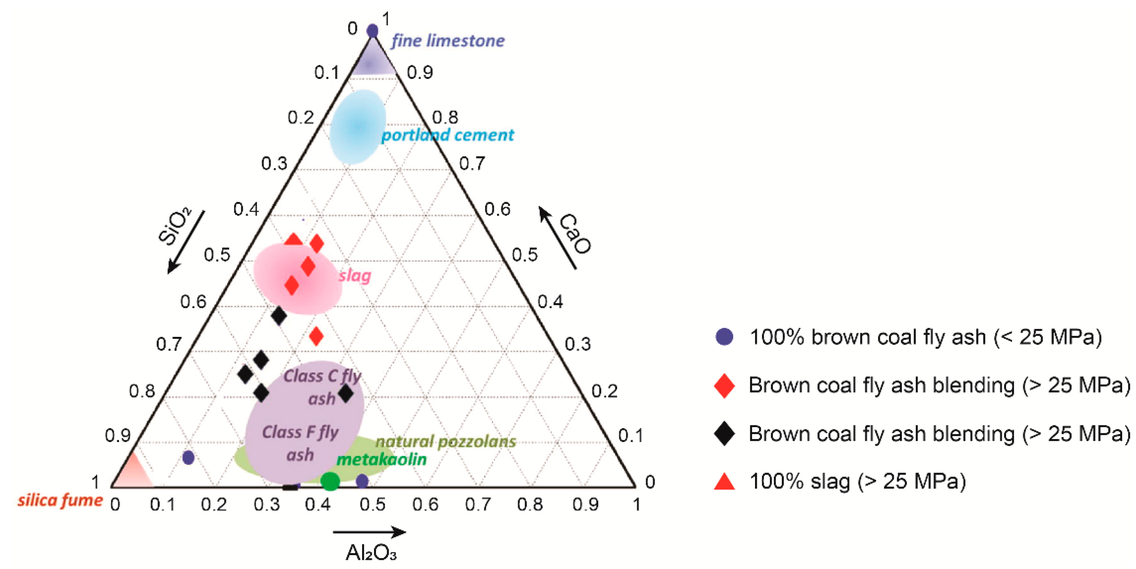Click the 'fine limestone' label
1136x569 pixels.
coord(448,41)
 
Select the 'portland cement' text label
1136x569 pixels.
coord(448,135)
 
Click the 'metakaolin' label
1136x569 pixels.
coord(381,459)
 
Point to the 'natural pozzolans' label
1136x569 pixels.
coord(445,442)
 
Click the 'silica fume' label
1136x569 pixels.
coord(60,501)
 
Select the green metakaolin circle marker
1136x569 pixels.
coord(330,481)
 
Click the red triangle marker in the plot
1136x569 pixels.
coord(294,240)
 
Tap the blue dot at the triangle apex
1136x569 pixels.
coord(373,31)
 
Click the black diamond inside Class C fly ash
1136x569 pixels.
coord(345,393)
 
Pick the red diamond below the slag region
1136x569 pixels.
coord(316,336)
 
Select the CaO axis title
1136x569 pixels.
coord(575,234)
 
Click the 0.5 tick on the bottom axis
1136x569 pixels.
coord(372,505)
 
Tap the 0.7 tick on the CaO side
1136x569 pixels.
coord(472,164)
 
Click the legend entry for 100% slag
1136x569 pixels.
coord(857,481)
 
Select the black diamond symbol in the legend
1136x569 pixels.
coord(724,434)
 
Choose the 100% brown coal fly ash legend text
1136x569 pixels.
coord(925,337)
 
